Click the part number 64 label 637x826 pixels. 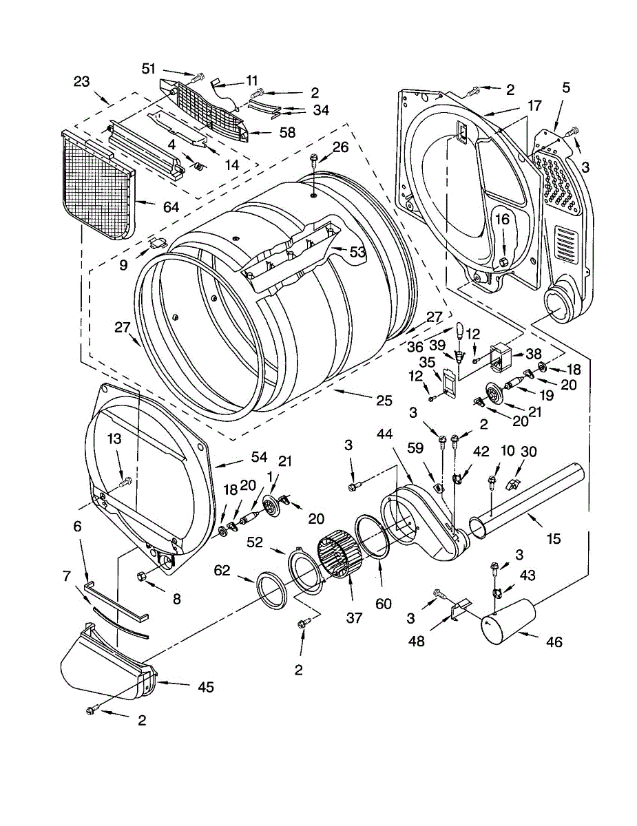point(171,207)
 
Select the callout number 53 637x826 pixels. point(357,252)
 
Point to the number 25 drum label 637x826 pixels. point(384,401)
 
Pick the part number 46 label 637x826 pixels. point(554,642)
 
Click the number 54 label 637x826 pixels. point(259,457)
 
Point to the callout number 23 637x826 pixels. point(81,81)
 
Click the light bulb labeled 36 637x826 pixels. point(460,330)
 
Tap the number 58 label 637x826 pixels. point(287,133)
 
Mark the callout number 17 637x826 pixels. point(534,106)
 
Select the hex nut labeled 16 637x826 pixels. point(503,261)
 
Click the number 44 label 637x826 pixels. point(385,434)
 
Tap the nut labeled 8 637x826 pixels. point(140,576)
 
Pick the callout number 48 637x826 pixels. point(417,642)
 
